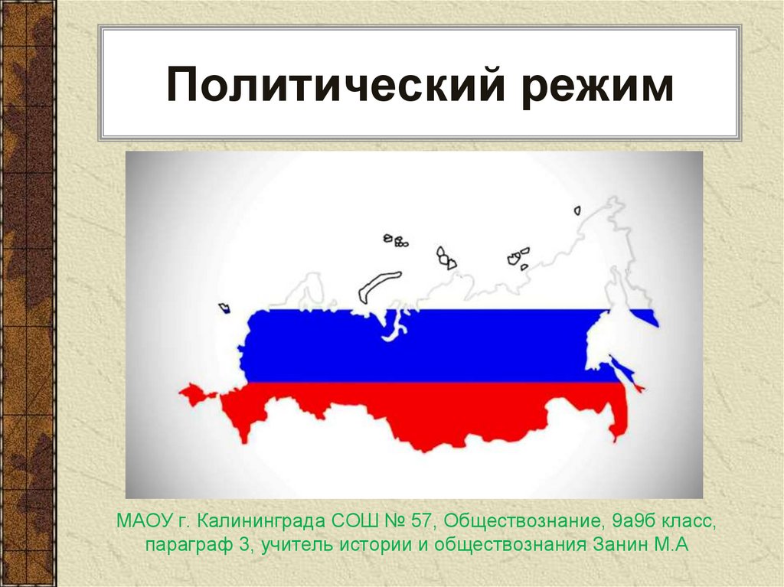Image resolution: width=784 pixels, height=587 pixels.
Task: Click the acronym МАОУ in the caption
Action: [140, 522]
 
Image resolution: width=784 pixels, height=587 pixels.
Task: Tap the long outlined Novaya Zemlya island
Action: [379, 285]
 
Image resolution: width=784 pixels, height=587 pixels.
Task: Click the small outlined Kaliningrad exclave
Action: [224, 308]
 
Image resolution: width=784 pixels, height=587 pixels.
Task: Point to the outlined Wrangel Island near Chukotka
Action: [577, 210]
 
